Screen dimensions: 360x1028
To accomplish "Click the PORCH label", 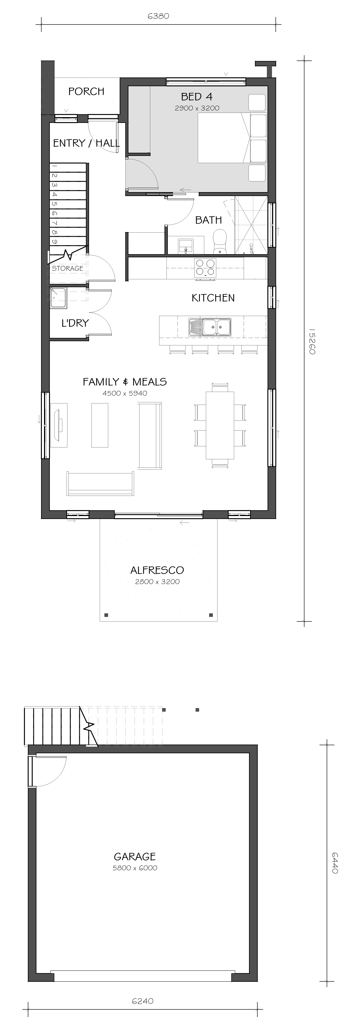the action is (86, 91).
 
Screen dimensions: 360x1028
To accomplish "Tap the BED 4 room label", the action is (197, 97).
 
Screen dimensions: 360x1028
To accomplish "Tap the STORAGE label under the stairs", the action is (67, 268).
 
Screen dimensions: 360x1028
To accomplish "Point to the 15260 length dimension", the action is (312, 341).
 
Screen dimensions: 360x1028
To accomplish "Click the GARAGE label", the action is (135, 856).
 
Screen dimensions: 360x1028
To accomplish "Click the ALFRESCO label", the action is (157, 570).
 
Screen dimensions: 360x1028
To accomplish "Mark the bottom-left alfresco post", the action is (106, 615).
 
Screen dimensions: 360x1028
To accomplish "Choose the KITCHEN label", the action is (213, 298).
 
